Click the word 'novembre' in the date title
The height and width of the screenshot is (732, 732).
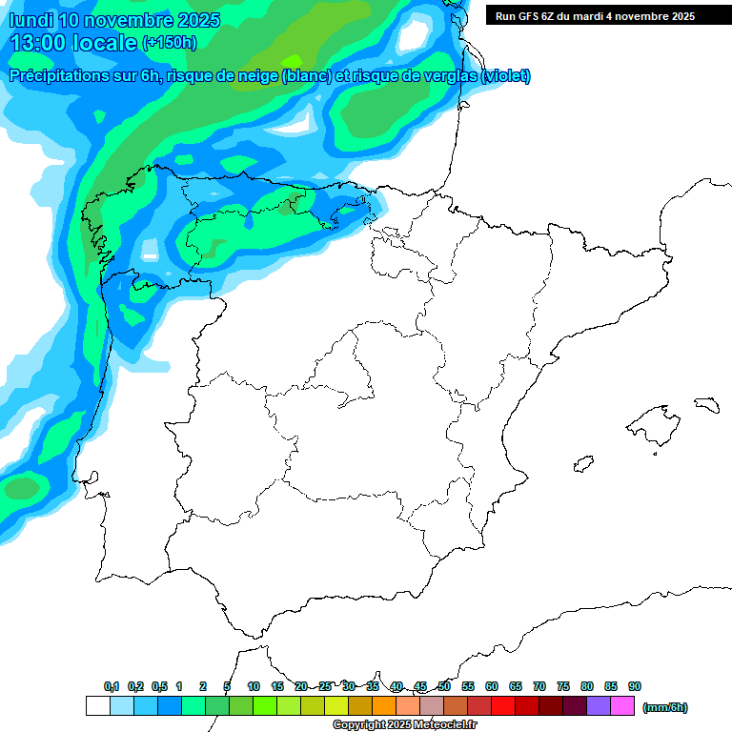pyautogui.click(x=122, y=20)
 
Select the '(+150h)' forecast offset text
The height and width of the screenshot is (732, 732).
pyautogui.click(x=169, y=43)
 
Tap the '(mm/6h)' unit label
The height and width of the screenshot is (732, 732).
pyautogui.click(x=665, y=707)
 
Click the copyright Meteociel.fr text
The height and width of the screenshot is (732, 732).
pyautogui.click(x=404, y=725)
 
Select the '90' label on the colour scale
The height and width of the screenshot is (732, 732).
pyautogui.click(x=635, y=686)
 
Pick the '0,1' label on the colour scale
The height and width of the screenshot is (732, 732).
pyautogui.click(x=112, y=686)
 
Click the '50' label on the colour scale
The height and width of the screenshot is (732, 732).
pyautogui.click(x=444, y=686)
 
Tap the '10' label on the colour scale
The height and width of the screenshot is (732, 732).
pyautogui.click(x=254, y=686)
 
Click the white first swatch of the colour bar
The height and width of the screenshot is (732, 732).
pyautogui.click(x=97, y=706)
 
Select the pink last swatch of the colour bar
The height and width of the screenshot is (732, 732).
pyautogui.click(x=622, y=706)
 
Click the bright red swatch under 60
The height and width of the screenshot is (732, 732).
pyautogui.click(x=503, y=706)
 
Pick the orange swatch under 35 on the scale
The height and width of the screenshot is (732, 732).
pyautogui.click(x=384, y=706)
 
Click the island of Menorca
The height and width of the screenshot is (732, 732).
pyautogui.click(x=705, y=404)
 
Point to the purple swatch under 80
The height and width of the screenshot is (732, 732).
pyautogui.click(x=599, y=706)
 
